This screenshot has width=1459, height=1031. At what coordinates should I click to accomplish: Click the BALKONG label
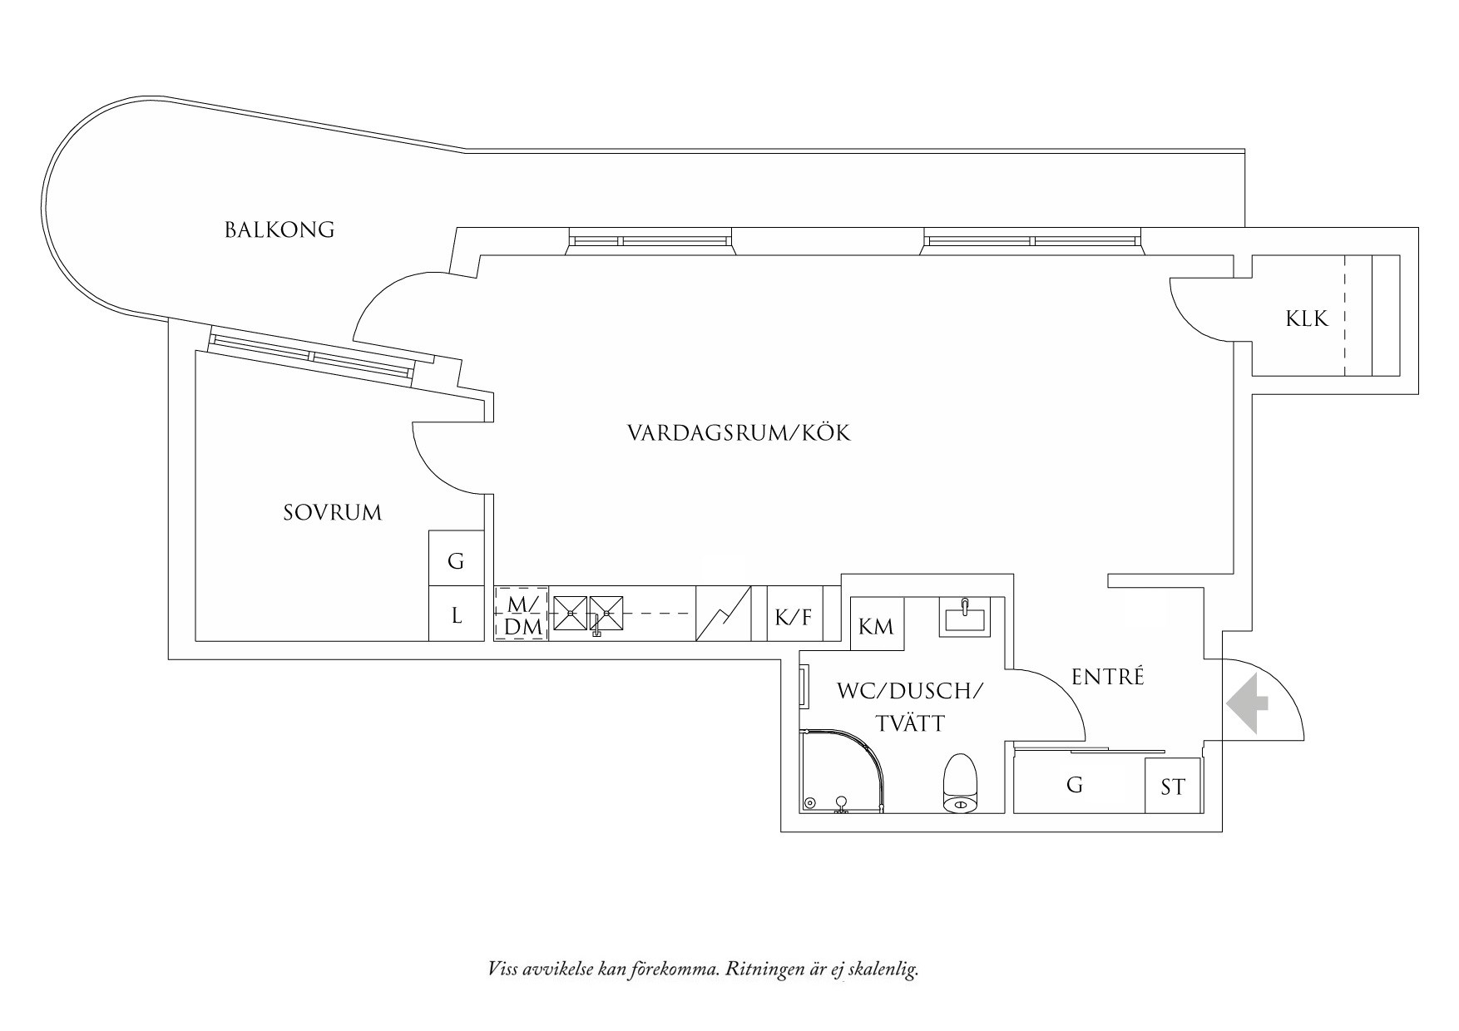(279, 229)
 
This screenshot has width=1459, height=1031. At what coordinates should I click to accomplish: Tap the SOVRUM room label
(332, 512)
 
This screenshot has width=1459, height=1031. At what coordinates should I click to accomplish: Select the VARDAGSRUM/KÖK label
(739, 433)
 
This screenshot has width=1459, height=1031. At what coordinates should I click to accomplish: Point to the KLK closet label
(1307, 318)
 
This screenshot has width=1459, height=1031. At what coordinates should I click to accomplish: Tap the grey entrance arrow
(1247, 703)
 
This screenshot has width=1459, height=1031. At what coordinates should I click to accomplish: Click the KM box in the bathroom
(875, 626)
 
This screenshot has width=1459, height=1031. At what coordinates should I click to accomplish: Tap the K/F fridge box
(793, 617)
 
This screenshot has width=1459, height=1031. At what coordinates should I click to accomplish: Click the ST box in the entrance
(1173, 786)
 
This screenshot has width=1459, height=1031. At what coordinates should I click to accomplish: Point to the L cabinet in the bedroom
(456, 615)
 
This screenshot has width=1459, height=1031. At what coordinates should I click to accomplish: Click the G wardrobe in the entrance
(1075, 785)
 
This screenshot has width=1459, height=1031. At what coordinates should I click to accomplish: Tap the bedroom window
(311, 356)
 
